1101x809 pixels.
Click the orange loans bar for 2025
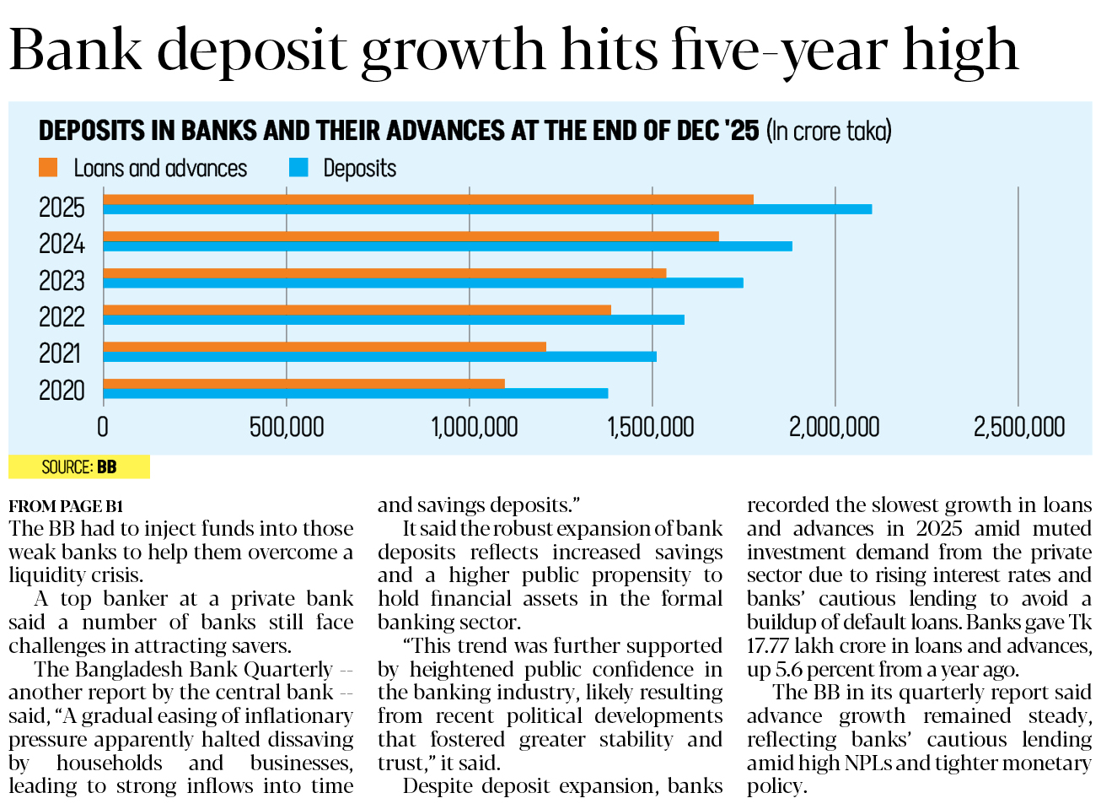click(x=428, y=199)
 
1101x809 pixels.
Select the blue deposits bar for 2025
click(x=487, y=209)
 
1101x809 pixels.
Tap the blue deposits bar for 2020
click(x=355, y=393)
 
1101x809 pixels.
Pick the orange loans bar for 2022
click(x=357, y=310)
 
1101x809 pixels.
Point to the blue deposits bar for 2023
click(x=423, y=283)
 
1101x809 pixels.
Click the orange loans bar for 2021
click(x=325, y=347)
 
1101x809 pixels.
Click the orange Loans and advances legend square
click(x=48, y=168)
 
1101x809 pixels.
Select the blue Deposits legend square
click(x=298, y=168)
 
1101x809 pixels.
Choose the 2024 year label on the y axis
click(x=62, y=244)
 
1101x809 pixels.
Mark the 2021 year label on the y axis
click(x=62, y=353)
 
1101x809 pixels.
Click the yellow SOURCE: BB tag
click(x=79, y=467)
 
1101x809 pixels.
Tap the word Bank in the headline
click(x=76, y=51)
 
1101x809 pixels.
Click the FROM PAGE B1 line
click(x=66, y=506)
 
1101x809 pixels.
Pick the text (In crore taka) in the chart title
click(x=829, y=132)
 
